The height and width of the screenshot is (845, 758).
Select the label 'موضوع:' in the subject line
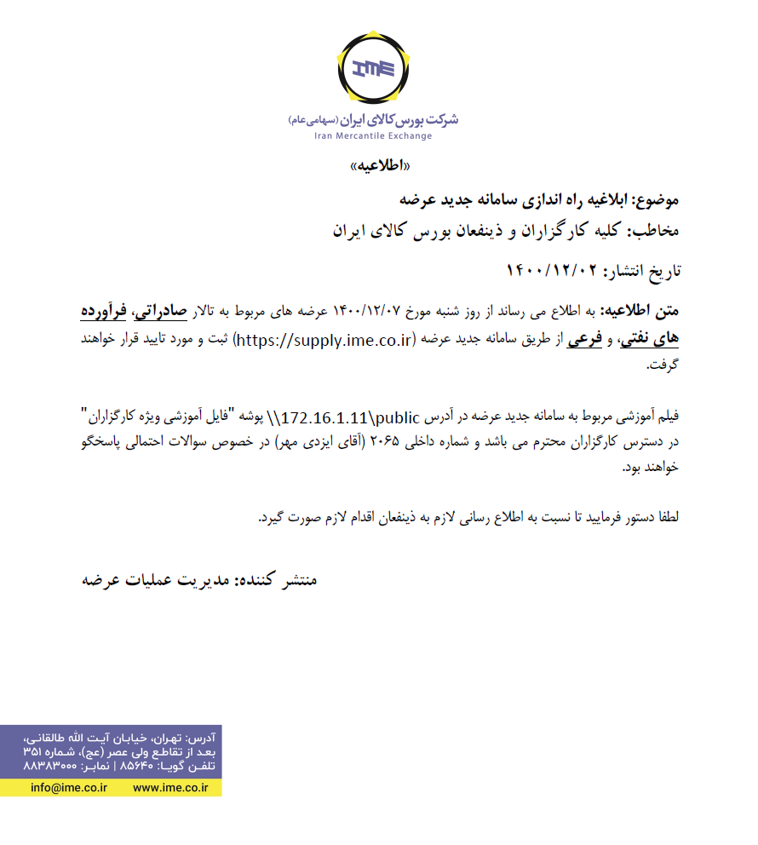tap(657, 201)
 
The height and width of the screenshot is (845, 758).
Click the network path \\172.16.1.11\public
tap(349, 418)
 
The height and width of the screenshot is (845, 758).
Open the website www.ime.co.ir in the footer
tap(170, 788)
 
